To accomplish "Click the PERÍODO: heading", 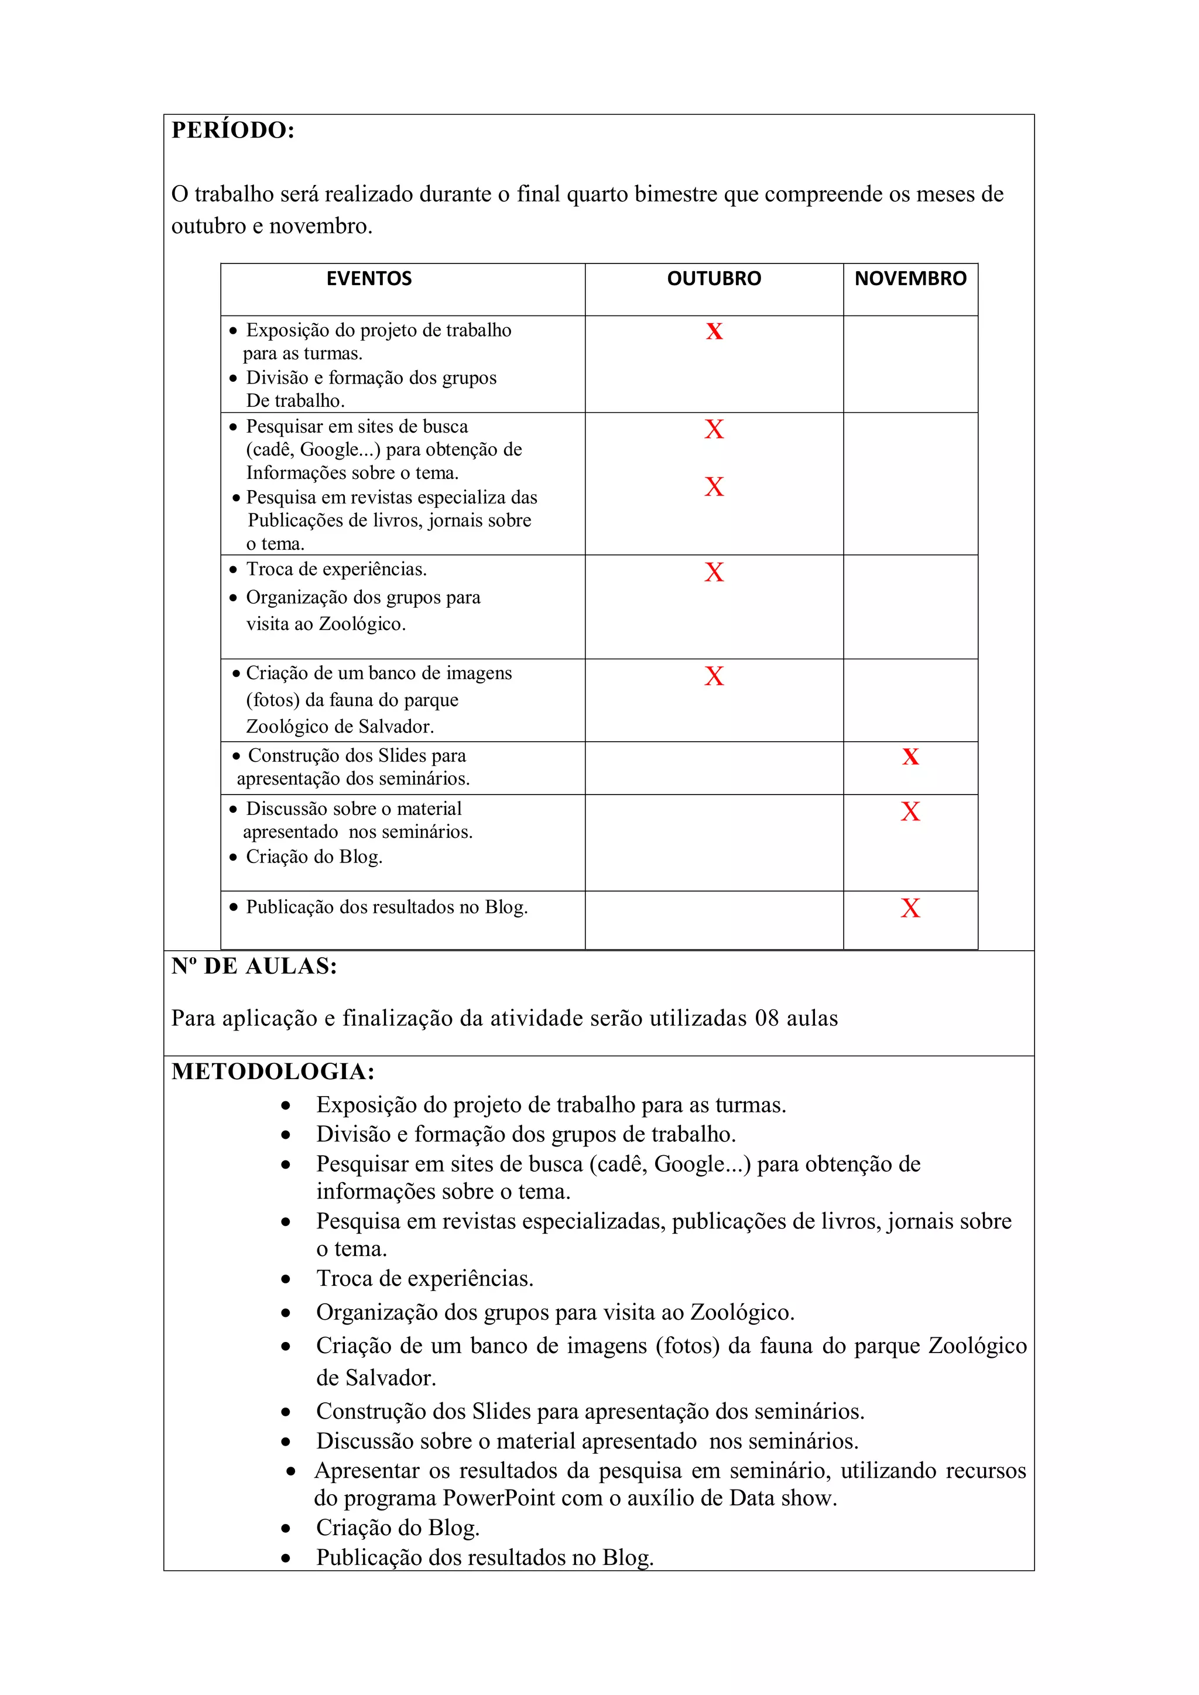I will click(232, 131).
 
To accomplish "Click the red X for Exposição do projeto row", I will click(713, 331).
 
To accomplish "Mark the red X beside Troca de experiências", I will click(713, 572).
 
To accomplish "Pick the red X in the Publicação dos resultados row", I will click(910, 908).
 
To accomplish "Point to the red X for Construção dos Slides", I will click(910, 756).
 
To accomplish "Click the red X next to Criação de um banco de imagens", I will click(713, 676).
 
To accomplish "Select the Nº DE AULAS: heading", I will click(254, 967).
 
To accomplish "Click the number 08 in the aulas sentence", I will click(766, 1019).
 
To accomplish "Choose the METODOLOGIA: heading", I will click(273, 1072).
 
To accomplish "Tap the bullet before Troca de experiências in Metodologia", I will click(286, 1279).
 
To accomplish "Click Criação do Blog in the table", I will click(314, 857).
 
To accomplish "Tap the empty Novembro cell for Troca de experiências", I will click(910, 606).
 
